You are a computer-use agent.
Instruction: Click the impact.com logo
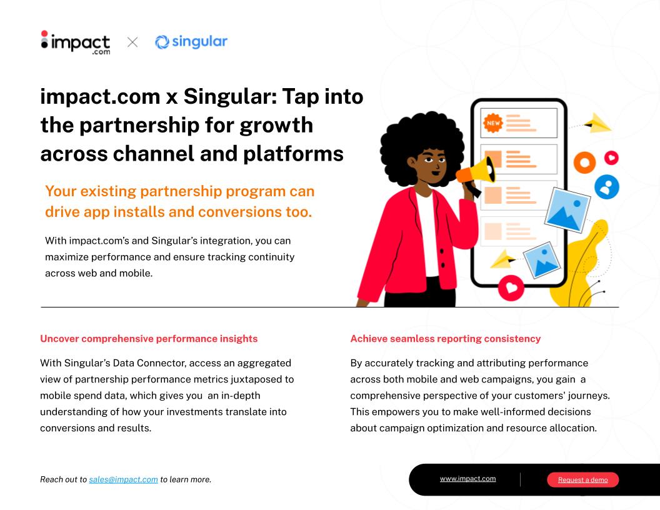pyautogui.click(x=76, y=42)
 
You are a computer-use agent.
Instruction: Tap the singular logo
pyautogui.click(x=191, y=42)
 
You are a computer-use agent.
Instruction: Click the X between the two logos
pyautogui.click(x=132, y=42)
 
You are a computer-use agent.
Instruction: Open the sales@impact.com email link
pyautogui.click(x=123, y=479)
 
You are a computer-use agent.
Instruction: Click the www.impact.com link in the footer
pyautogui.click(x=467, y=479)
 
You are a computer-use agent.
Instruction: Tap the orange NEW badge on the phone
pyautogui.click(x=493, y=123)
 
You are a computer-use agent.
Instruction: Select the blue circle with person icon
pyautogui.click(x=606, y=186)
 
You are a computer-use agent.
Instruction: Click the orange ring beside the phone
pyautogui.click(x=584, y=162)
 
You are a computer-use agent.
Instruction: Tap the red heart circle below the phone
pyautogui.click(x=511, y=288)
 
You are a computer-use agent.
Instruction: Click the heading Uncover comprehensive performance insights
pyautogui.click(x=149, y=339)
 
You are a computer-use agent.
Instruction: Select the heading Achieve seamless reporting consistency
pyautogui.click(x=446, y=339)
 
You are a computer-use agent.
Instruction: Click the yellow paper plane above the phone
pyautogui.click(x=597, y=123)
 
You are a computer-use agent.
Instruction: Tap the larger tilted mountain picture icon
pyautogui.click(x=567, y=210)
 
